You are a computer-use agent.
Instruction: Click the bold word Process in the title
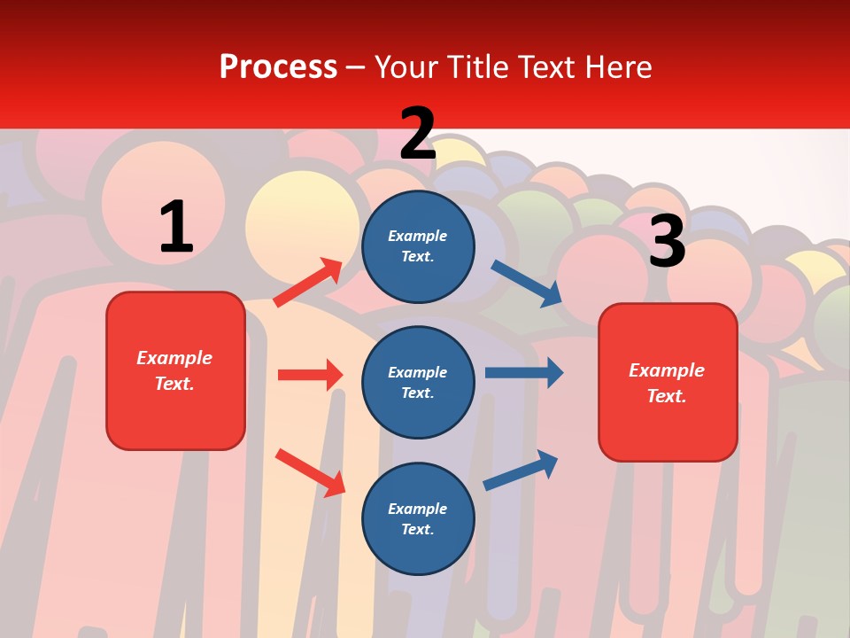click(278, 66)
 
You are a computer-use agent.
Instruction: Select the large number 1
click(176, 227)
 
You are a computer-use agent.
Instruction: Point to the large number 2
click(418, 134)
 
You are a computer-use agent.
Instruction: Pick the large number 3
click(667, 241)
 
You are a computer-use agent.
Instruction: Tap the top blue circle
click(418, 246)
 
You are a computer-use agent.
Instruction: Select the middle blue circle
click(418, 382)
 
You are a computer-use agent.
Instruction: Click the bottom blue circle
click(418, 518)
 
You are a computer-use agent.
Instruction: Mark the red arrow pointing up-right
click(308, 282)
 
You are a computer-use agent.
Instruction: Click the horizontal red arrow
click(310, 375)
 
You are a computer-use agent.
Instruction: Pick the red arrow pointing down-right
click(310, 471)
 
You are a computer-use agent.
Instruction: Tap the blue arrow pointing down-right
click(527, 284)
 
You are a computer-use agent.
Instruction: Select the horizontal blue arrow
click(524, 372)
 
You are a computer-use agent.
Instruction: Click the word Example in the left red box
click(174, 358)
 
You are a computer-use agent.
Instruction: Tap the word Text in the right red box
click(665, 396)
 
